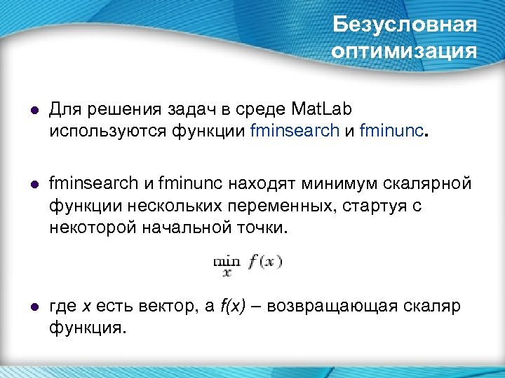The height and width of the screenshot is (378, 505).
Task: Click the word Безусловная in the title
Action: (x=405, y=25)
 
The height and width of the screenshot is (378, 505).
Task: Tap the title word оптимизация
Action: (x=405, y=52)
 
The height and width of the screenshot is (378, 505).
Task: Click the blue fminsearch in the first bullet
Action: (x=295, y=130)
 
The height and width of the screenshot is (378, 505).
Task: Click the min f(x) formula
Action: (x=247, y=265)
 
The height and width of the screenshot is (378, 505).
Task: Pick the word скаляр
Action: (x=431, y=307)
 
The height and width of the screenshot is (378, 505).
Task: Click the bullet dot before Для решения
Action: (x=34, y=111)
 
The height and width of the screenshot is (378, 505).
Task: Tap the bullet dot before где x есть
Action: (x=34, y=307)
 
